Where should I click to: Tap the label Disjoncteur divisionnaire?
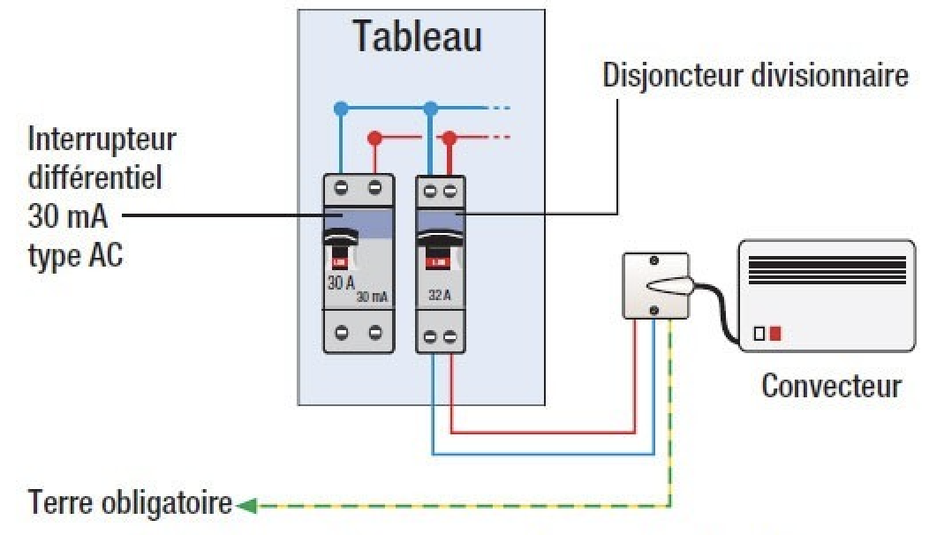pyautogui.click(x=755, y=75)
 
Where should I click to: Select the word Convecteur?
pyautogui.click(x=831, y=386)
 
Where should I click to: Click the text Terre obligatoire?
pyautogui.click(x=132, y=504)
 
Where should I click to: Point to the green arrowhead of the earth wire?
pyautogui.click(x=246, y=506)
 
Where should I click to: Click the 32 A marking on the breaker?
pyautogui.click(x=440, y=295)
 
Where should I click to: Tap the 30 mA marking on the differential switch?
pyautogui.click(x=372, y=297)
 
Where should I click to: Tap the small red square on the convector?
pyautogui.click(x=774, y=334)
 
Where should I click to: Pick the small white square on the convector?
pyautogui.click(x=759, y=334)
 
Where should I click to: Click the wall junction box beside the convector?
pyautogui.click(x=655, y=285)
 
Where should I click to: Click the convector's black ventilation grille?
pyautogui.click(x=827, y=269)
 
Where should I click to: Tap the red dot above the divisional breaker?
pyautogui.click(x=449, y=138)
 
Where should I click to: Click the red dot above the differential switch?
pyautogui.click(x=374, y=138)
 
